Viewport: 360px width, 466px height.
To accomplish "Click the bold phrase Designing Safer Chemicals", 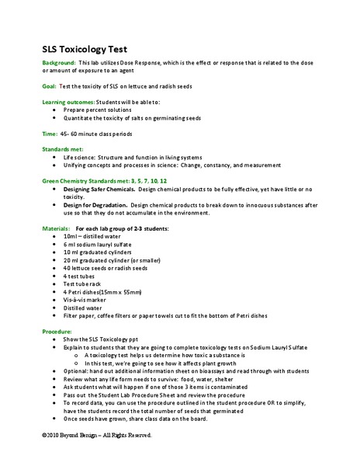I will tap(99, 189).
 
